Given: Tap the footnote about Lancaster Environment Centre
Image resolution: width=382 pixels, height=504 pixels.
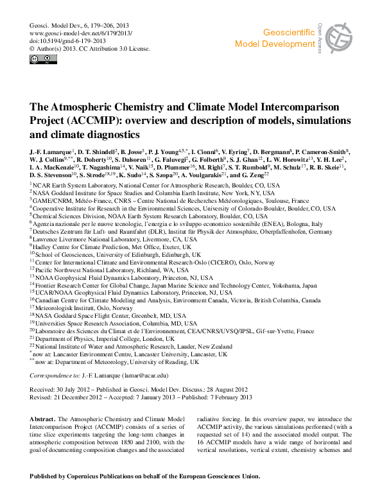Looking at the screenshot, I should [x=128, y=354].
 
